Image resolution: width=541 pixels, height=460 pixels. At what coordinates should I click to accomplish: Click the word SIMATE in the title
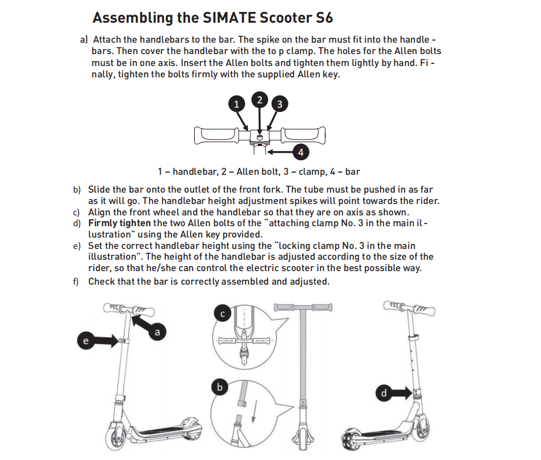click(229, 17)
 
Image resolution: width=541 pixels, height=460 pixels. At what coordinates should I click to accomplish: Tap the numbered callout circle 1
click(236, 104)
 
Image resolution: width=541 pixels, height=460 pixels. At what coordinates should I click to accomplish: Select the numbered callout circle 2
click(260, 100)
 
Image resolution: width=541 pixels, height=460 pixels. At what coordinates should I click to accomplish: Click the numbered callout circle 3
click(279, 104)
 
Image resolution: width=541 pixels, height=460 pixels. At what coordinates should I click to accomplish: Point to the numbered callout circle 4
click(301, 152)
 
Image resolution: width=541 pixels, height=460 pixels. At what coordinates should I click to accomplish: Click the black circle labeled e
click(85, 341)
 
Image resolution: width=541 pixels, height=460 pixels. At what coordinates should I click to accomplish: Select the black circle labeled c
click(223, 313)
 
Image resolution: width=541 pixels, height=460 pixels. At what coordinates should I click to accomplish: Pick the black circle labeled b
click(220, 387)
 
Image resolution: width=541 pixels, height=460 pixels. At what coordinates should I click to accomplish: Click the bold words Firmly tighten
click(120, 223)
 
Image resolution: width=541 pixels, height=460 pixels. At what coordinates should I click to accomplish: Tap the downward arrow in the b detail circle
click(253, 414)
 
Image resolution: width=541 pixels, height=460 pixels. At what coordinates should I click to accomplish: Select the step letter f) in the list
click(77, 281)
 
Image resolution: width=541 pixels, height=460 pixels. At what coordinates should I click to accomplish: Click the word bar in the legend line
click(352, 172)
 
